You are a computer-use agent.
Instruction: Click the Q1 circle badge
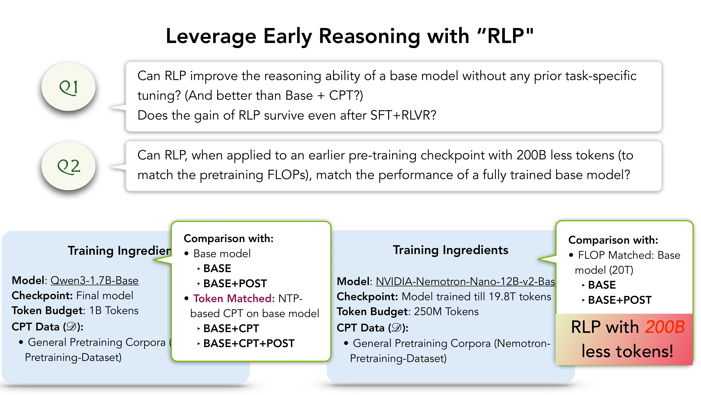coord(68,87)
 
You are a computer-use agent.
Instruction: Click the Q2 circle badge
coord(68,166)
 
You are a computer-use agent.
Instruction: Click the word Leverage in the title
coord(211,36)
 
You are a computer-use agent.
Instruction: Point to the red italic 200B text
coord(665,327)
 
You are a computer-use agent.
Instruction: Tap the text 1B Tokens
coord(114,311)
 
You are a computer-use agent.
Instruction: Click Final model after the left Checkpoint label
coord(105,295)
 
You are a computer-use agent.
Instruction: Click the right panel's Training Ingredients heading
coord(450,250)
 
